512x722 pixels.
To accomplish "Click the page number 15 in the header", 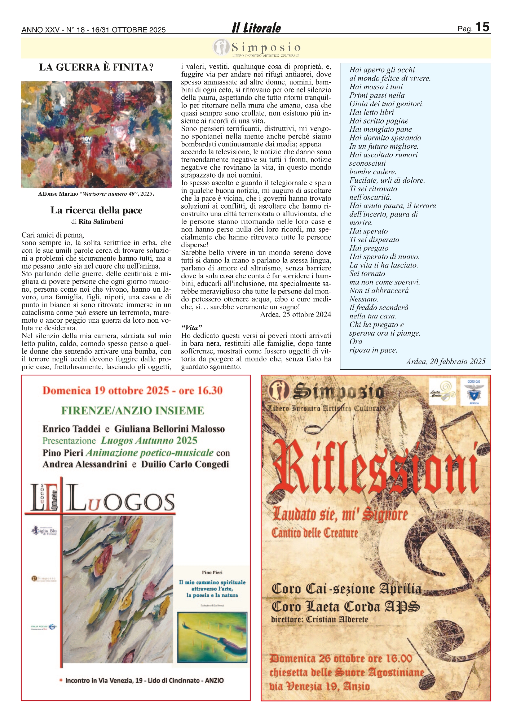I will (482, 27).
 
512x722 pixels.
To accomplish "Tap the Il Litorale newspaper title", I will (256, 28).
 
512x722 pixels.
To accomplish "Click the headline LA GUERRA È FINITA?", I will (96, 68).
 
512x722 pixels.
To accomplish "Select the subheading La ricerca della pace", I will (96, 210).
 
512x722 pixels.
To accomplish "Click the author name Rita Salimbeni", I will (101, 222).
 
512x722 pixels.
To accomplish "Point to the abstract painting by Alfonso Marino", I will (96, 134).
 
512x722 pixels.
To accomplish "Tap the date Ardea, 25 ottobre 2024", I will (295, 315).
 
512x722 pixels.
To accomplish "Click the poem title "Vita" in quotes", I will (191, 328).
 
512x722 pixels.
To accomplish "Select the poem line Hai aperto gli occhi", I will (382, 70).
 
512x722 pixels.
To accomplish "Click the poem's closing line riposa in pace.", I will (373, 350).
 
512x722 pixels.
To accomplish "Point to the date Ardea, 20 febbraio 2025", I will (446, 361).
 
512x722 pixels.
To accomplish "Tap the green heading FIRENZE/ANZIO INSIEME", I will (133, 411).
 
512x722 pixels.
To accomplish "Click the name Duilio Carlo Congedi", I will (185, 464).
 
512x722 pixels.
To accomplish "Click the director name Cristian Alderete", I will (337, 619).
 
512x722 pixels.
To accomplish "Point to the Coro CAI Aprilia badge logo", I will (473, 391).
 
